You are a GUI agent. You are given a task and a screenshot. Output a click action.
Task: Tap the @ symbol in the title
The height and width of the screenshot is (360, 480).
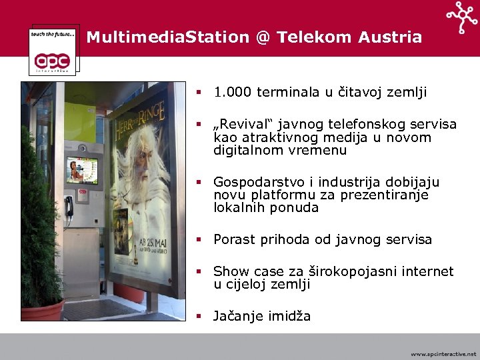click(262, 37)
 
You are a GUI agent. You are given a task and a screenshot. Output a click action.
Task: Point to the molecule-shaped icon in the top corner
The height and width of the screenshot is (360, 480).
click(462, 17)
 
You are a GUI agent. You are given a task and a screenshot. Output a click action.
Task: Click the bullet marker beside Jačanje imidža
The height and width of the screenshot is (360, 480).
click(198, 316)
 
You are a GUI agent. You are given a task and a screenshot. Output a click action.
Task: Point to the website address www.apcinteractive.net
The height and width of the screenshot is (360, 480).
click(443, 354)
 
